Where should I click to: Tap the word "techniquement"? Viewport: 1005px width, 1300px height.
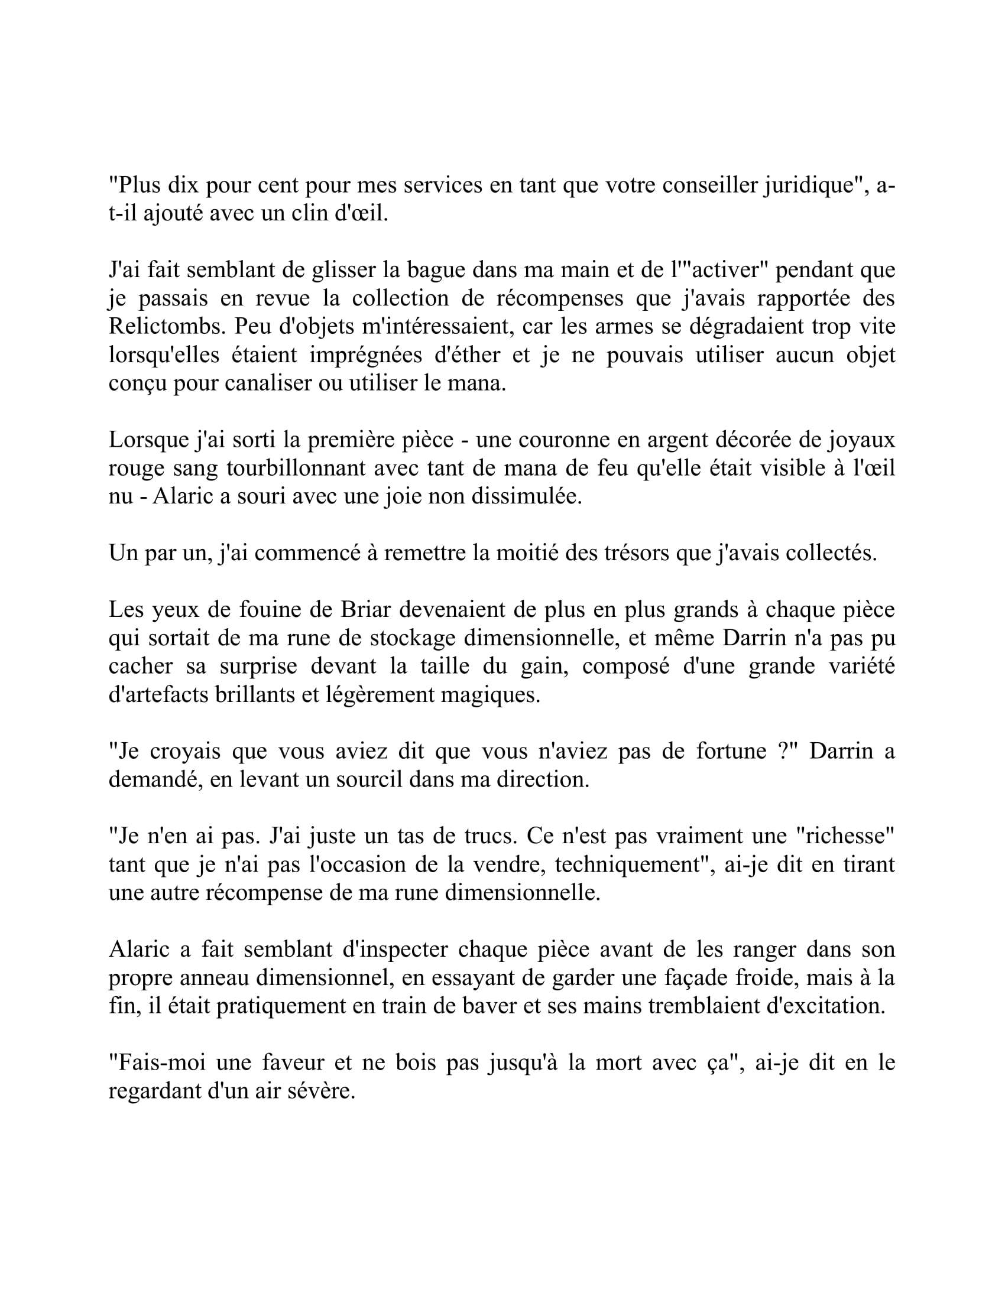pyautogui.click(x=627, y=864)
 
